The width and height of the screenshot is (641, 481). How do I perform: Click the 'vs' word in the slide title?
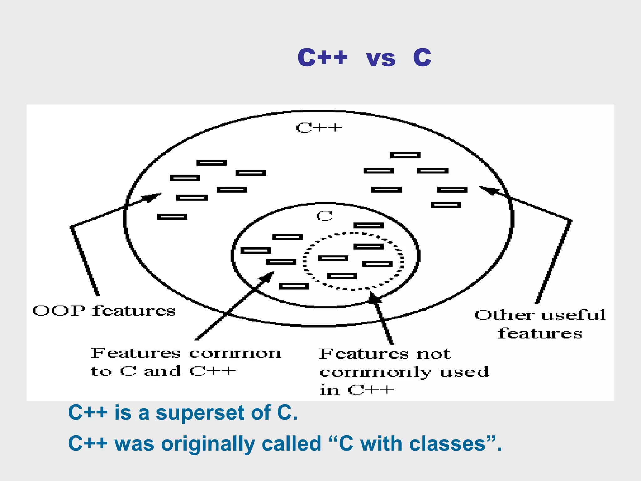coord(380,59)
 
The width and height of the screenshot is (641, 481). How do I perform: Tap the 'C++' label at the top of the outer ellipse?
coord(319,128)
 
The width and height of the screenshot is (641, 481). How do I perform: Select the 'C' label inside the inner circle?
coord(324,216)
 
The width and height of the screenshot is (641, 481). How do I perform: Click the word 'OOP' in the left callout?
coord(59,311)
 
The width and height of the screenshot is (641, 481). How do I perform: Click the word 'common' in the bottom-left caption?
coord(235,354)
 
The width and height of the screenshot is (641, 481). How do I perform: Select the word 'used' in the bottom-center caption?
coord(464,372)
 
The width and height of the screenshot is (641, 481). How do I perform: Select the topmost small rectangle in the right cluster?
coord(405,155)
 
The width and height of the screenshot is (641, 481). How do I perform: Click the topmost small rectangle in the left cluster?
coord(211,163)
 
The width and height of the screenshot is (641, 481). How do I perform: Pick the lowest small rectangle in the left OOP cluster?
coord(172,217)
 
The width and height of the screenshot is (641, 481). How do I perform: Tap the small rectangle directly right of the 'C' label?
coord(368,225)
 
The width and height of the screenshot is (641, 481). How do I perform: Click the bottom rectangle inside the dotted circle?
coord(342,276)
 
